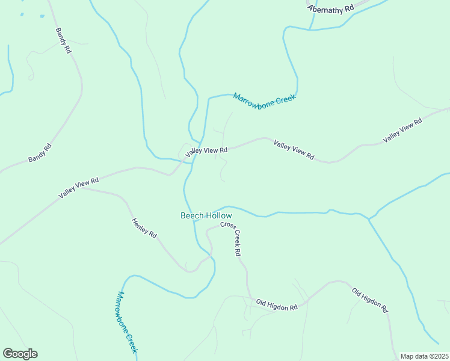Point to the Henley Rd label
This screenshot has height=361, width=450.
(144, 228)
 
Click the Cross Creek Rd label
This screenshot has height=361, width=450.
(230, 238)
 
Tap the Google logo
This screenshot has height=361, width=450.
(20, 354)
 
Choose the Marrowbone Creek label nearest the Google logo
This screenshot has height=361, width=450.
(128, 322)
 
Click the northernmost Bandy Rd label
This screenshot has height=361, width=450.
(63, 41)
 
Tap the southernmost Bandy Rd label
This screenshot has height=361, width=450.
(40, 153)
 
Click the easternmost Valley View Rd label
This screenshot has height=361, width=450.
(402, 130)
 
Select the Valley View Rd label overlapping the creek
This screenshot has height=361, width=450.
(206, 151)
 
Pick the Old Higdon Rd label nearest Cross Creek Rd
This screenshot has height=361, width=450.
(277, 304)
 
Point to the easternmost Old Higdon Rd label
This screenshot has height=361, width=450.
(369, 299)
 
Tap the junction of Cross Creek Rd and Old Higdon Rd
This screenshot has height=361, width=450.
(248, 297)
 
